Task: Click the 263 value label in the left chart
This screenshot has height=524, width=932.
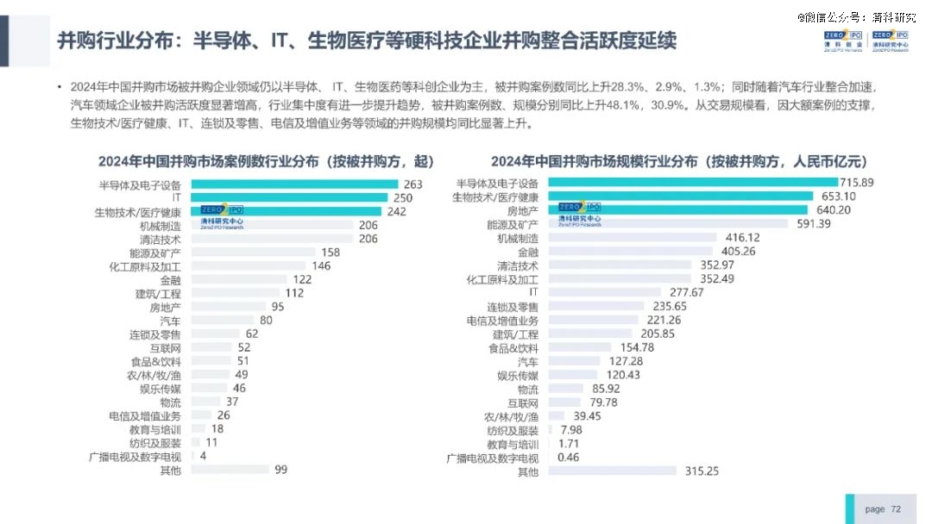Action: pyautogui.click(x=412, y=184)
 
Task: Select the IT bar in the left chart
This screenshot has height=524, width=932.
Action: pyautogui.click(x=289, y=197)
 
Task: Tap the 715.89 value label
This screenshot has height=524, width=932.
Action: pyautogui.click(x=857, y=182)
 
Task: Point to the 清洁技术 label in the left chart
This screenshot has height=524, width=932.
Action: pyautogui.click(x=161, y=239)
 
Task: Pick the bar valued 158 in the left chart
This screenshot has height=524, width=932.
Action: pyautogui.click(x=253, y=253)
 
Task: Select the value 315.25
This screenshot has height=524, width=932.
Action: pyautogui.click(x=701, y=471)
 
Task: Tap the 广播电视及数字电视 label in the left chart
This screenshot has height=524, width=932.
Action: pyautogui.click(x=135, y=456)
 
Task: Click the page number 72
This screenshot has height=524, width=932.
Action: pyautogui.click(x=896, y=509)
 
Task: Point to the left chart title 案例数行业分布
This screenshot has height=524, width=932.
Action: pyautogui.click(x=266, y=161)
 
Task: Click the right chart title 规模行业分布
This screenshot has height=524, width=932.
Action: pyautogui.click(x=679, y=161)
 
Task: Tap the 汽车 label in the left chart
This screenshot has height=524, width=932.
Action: pyautogui.click(x=170, y=321)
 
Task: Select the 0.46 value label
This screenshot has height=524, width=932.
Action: pyautogui.click(x=569, y=457)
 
